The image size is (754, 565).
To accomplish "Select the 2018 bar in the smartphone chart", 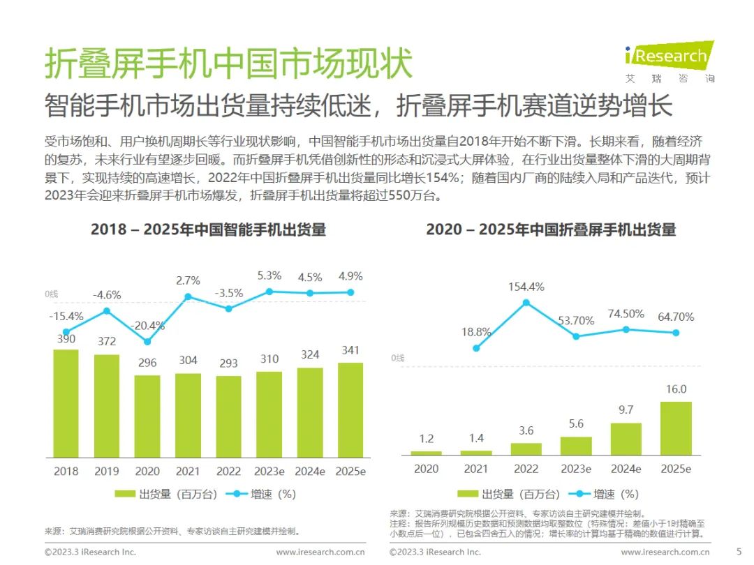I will [x=66, y=403].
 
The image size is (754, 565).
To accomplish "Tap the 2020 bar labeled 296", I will [x=147, y=416].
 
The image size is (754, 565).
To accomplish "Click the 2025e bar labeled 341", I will [x=350, y=410].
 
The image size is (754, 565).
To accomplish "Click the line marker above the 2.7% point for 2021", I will [x=188, y=296].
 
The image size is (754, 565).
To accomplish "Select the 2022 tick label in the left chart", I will [x=228, y=472].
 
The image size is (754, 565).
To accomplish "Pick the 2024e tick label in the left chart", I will [x=309, y=472].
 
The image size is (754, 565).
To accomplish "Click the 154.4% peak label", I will [x=526, y=287].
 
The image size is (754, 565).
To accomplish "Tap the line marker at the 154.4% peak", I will [x=526, y=303].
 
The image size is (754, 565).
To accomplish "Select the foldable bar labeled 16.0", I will [x=676, y=428].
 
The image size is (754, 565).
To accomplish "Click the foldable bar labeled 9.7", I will [x=626, y=439].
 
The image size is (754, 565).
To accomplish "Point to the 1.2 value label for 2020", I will [x=426, y=439].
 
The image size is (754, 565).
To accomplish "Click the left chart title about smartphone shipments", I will [x=208, y=229].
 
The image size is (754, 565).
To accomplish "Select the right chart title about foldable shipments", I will [x=551, y=229].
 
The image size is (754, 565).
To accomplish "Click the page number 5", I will [x=739, y=551].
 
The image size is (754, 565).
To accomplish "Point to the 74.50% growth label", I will [x=626, y=314].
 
